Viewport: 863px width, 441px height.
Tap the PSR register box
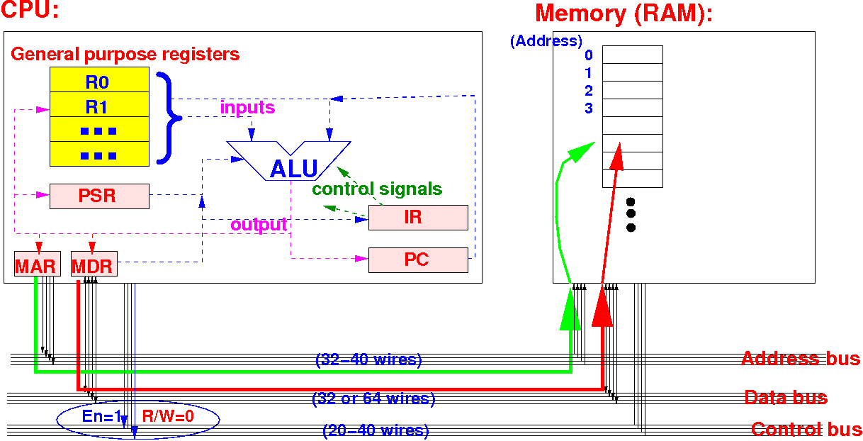(x=99, y=196)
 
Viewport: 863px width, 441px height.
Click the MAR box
(x=35, y=266)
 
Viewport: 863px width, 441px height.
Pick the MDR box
(x=94, y=266)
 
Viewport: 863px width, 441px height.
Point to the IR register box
(x=418, y=217)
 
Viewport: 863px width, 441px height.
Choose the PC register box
(x=418, y=259)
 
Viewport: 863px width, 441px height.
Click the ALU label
(x=293, y=169)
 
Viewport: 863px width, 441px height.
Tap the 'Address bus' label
(x=800, y=358)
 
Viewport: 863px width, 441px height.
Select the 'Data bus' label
(x=785, y=397)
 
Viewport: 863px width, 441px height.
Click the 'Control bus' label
(x=806, y=429)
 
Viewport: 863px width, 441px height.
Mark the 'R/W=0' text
(x=169, y=417)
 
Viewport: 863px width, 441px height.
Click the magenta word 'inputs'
(x=247, y=108)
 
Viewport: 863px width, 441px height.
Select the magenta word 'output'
(x=259, y=225)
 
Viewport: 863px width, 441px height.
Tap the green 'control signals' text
(x=377, y=189)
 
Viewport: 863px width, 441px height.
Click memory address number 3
(x=589, y=108)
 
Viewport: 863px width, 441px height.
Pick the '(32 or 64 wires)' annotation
(x=373, y=398)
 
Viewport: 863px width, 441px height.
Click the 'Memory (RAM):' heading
(x=624, y=13)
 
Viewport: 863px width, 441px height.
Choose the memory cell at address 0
(x=632, y=55)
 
